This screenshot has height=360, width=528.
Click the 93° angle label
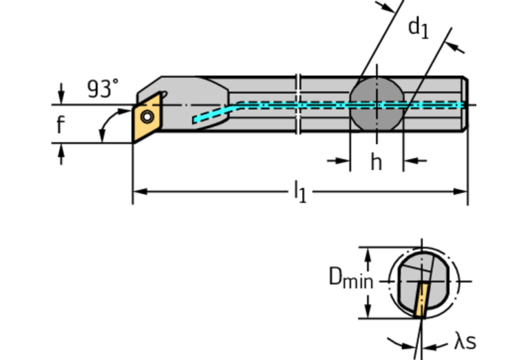click(103, 89)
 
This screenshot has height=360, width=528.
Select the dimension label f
click(61, 125)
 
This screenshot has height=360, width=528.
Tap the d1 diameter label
click(418, 28)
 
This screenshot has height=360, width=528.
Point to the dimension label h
click(376, 162)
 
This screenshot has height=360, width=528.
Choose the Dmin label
click(350, 279)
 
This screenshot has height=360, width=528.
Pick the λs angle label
click(465, 341)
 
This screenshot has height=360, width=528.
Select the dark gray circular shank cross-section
click(377, 105)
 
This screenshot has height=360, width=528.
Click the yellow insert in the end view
click(422, 299)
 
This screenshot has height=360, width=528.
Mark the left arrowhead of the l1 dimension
click(137, 191)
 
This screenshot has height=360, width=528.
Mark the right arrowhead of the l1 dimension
click(463, 191)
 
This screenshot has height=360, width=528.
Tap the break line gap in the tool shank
click(298, 105)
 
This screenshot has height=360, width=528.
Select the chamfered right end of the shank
click(465, 105)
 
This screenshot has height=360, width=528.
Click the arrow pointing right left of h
click(341, 161)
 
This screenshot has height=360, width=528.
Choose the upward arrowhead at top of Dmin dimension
click(369, 253)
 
